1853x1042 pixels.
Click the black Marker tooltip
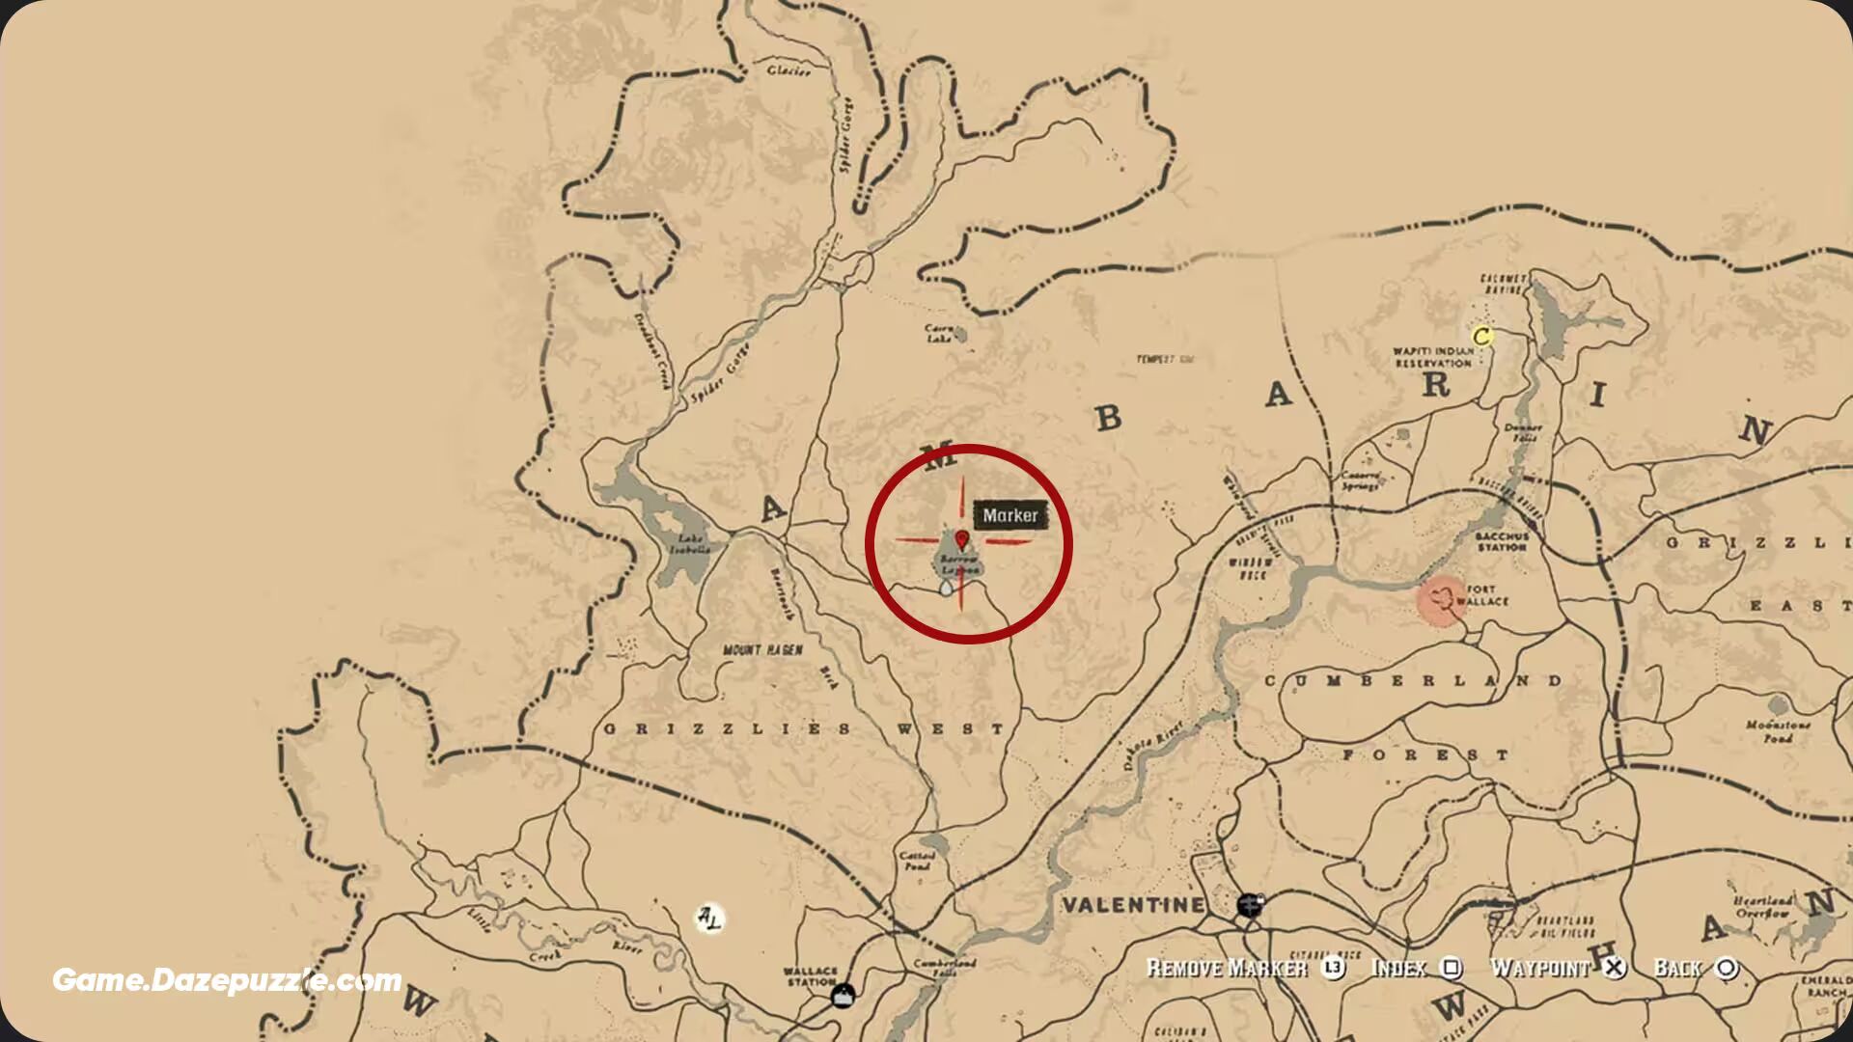[1010, 515]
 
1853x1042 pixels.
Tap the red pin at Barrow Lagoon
[962, 539]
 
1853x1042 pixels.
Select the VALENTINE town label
[1134, 905]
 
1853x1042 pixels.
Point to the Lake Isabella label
[691, 544]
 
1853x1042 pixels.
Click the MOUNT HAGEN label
[762, 650]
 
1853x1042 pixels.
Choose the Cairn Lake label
[940, 334]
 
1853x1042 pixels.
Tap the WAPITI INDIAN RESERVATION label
[1433, 357]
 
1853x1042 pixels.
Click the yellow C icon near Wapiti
[1482, 337]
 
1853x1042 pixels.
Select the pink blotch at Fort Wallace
[1442, 600]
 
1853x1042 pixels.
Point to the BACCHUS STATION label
[1502, 541]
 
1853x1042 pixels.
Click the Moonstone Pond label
[1778, 730]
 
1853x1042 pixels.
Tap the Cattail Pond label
[917, 861]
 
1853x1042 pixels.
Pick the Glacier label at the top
[788, 70]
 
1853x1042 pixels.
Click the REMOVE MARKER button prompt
[1226, 969]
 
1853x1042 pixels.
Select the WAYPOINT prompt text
[1540, 968]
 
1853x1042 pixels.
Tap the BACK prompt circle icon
[1728, 968]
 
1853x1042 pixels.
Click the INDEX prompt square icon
[1451, 968]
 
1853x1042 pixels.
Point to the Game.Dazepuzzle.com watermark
[227, 980]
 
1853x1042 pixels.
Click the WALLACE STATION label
[811, 976]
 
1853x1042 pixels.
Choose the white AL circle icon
[708, 918]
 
